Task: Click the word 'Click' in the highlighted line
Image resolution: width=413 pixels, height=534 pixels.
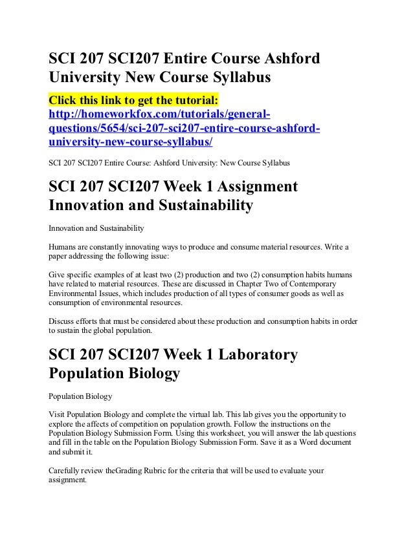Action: pos(63,101)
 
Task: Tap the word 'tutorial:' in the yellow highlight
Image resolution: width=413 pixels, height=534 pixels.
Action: pos(195,101)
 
